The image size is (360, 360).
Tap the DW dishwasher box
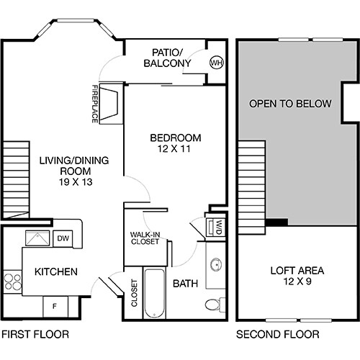click(x=63, y=238)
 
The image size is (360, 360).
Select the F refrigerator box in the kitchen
click(x=55, y=305)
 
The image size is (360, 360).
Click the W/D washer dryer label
click(x=215, y=228)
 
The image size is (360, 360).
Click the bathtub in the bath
click(x=155, y=294)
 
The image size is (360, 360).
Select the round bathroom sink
click(x=215, y=264)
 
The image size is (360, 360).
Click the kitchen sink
click(x=35, y=238)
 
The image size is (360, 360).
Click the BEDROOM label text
click(x=175, y=138)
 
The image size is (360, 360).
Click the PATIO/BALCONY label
click(x=171, y=58)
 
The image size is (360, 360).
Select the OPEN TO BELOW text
click(x=290, y=104)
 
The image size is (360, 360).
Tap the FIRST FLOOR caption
click(x=35, y=334)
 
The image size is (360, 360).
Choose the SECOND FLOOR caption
click(x=277, y=334)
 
